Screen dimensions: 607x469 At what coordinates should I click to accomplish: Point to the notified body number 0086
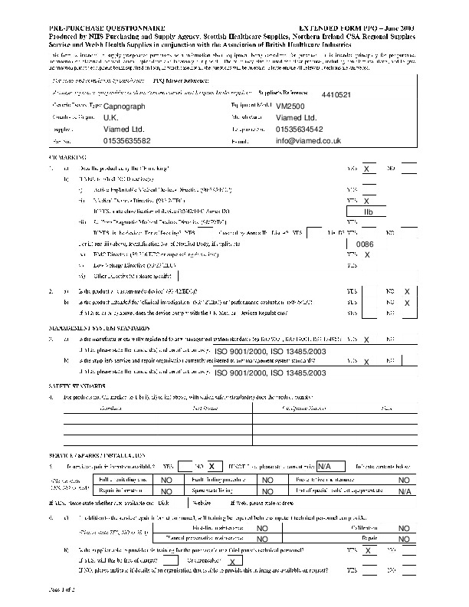[365, 243]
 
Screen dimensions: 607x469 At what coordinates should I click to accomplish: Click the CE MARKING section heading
[59, 156]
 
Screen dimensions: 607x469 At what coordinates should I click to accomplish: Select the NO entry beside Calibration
[403, 528]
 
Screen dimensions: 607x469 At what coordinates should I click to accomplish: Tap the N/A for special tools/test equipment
[405, 491]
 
